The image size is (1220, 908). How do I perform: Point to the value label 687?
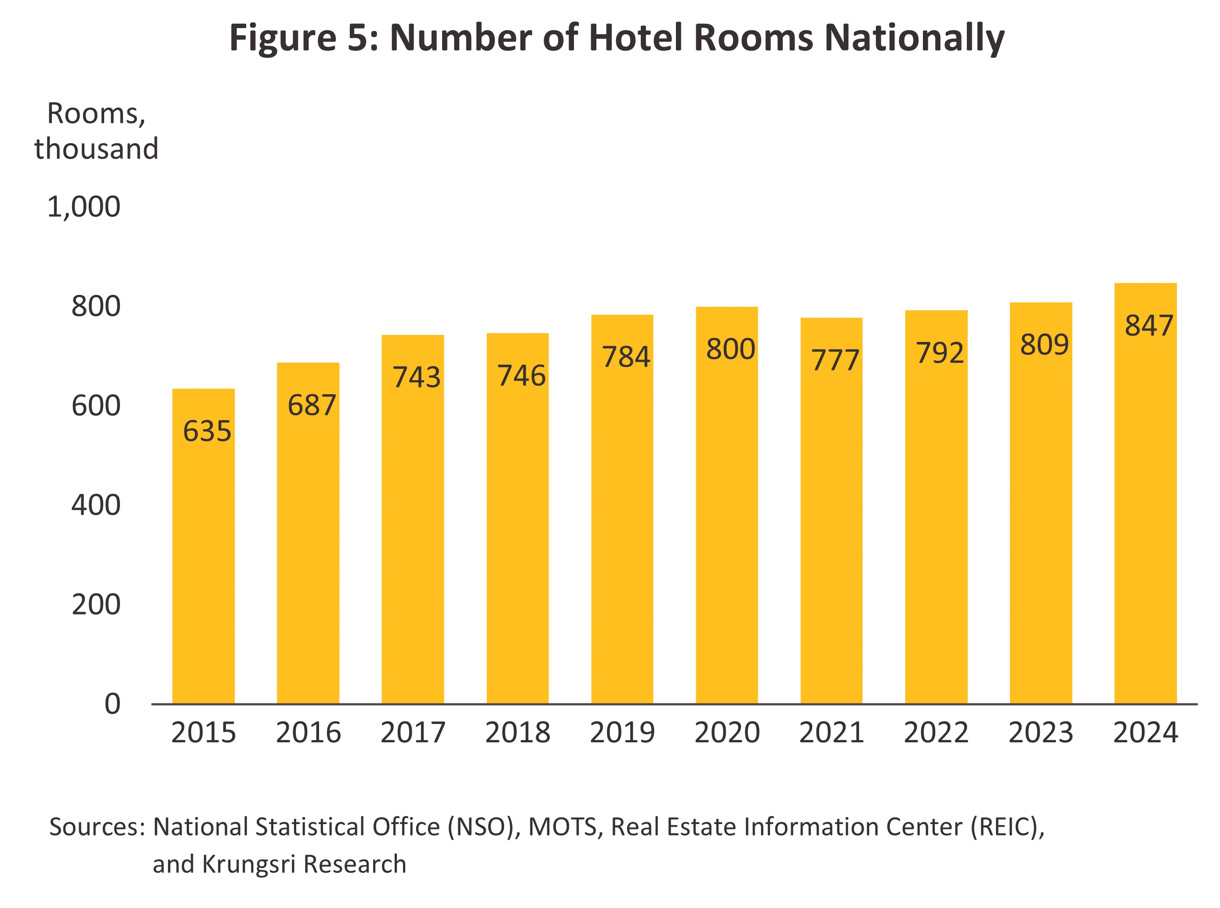(312, 406)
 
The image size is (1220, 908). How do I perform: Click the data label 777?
(835, 360)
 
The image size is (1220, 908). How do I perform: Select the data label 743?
(417, 377)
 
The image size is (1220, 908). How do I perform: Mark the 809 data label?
(1044, 345)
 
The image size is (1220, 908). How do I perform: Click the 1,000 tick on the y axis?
(84, 207)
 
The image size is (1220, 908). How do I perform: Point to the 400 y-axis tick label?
(96, 505)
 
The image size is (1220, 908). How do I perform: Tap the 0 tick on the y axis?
(112, 704)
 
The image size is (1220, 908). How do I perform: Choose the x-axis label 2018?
(517, 733)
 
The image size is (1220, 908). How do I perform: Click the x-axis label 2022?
(936, 733)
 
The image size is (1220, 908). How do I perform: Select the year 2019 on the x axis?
(622, 733)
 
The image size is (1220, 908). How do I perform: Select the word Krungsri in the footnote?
(250, 864)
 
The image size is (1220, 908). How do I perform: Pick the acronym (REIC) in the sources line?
(1007, 827)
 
